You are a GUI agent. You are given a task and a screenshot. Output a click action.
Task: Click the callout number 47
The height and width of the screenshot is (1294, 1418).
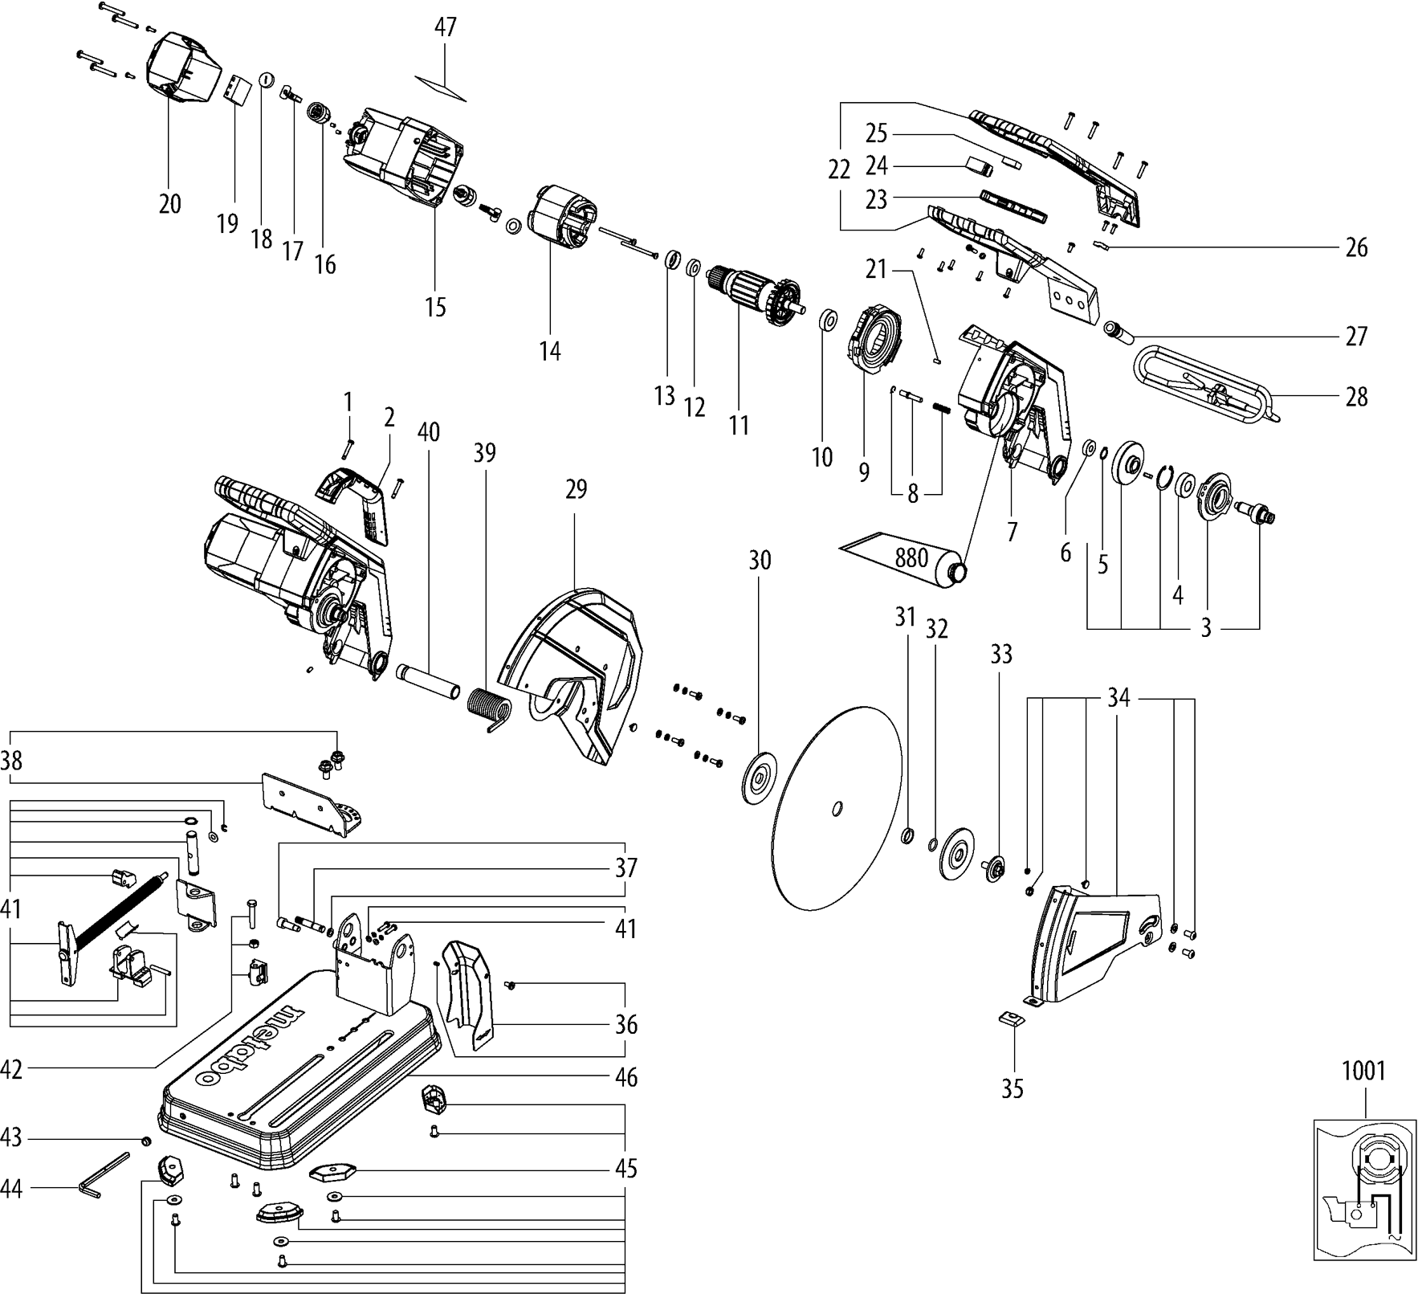(446, 27)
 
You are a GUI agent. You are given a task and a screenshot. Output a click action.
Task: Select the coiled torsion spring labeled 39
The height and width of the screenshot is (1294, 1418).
(487, 704)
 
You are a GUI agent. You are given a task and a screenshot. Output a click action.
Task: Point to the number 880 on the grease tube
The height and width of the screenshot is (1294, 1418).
(911, 557)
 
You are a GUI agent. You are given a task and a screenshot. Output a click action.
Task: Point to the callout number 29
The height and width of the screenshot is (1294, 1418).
(576, 488)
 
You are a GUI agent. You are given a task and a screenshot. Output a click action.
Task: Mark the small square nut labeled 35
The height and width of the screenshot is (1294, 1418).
(1013, 1019)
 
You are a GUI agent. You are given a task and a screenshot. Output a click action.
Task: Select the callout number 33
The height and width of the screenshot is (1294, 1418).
(1000, 655)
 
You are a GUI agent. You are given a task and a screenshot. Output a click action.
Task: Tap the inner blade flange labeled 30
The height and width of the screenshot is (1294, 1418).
(759, 776)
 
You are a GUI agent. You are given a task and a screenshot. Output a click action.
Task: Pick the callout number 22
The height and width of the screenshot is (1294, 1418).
(838, 169)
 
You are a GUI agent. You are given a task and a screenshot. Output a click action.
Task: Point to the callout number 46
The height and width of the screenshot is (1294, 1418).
(626, 1077)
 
